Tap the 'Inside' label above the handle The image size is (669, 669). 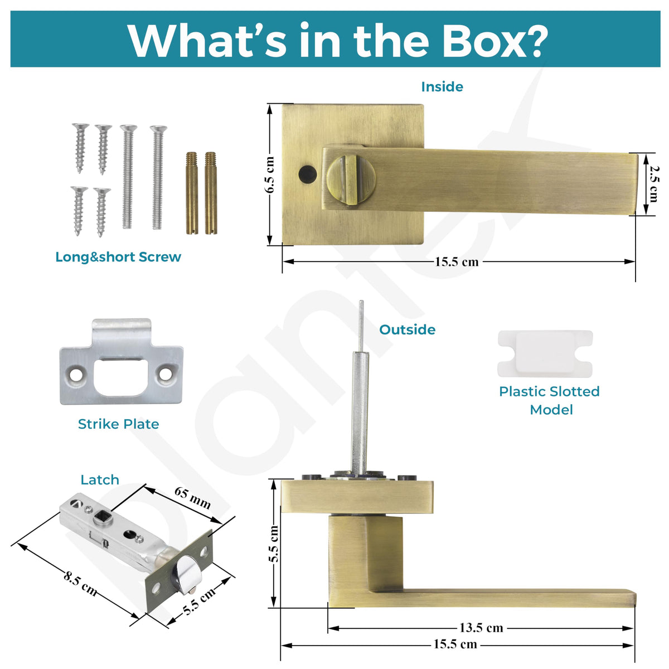[x=442, y=87]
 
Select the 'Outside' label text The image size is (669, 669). [x=407, y=329]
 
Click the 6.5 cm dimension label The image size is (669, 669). [x=269, y=174]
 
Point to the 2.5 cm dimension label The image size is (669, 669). [x=653, y=183]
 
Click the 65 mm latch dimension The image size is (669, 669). [x=193, y=497]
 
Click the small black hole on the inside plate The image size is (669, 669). [x=307, y=173]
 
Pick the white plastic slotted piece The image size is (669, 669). [x=545, y=353]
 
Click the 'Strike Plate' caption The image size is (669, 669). [x=118, y=424]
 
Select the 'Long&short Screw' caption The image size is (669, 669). [x=118, y=257]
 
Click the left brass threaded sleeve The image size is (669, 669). [x=192, y=193]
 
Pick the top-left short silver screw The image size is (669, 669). [x=80, y=148]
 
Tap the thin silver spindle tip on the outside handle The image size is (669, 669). [x=361, y=326]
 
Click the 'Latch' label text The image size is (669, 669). [x=100, y=480]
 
